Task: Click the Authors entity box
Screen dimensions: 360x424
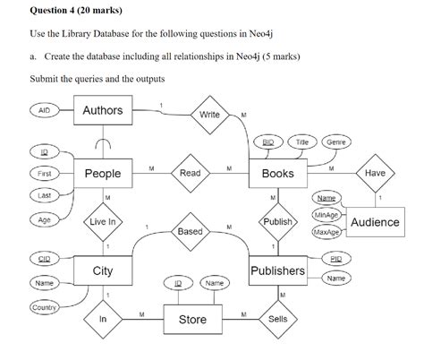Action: point(103,111)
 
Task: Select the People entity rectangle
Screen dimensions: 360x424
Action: point(103,174)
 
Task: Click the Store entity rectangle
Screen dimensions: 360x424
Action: point(191,319)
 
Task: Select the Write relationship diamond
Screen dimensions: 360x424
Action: point(209,115)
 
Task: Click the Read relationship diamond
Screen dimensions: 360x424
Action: point(190,173)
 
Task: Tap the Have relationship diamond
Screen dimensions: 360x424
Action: point(374,173)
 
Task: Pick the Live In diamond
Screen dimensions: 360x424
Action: point(103,221)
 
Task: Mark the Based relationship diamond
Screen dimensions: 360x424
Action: point(190,231)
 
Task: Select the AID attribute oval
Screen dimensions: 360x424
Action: point(43,110)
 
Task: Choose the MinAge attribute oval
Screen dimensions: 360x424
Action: point(326,215)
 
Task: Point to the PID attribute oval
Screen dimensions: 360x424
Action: point(335,259)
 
